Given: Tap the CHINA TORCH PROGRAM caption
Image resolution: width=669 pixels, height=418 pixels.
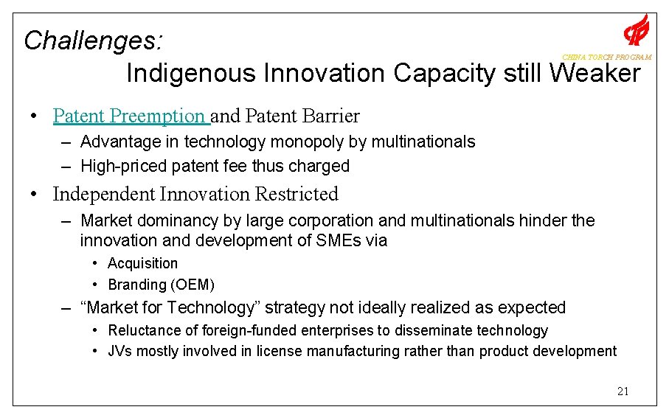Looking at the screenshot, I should coord(606,58).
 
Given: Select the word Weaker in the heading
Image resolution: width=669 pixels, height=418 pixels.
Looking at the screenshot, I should coord(595,74).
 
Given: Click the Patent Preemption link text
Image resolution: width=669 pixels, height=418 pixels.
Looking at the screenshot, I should coord(130,116).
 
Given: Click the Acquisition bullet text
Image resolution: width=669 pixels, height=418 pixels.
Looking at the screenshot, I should coord(142,263).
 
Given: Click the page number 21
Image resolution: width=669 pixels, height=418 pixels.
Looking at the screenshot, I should coord(623,391).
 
